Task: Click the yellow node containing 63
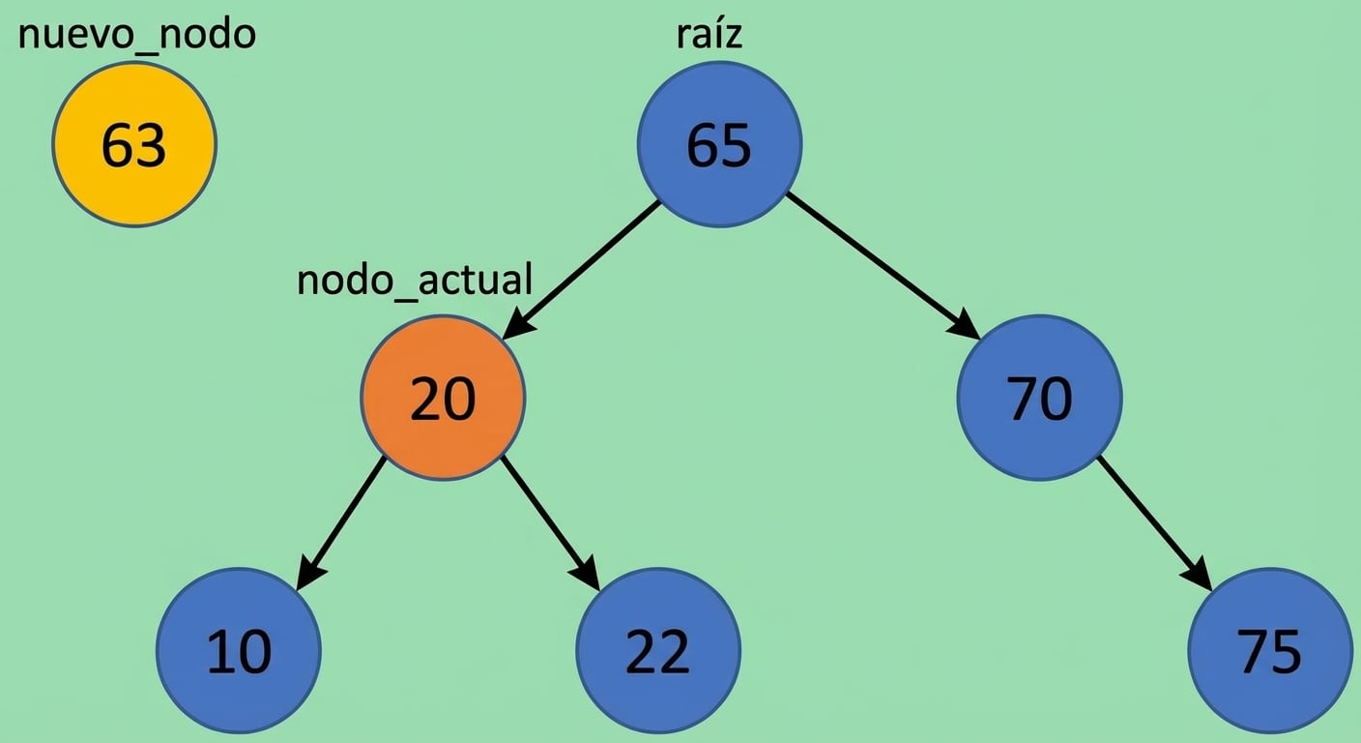pos(134,145)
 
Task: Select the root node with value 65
pos(719,145)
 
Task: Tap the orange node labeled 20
pos(443,398)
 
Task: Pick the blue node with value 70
pos(1039,398)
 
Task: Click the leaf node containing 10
pos(239,650)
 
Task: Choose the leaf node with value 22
pos(658,650)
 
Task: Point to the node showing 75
pos(1269,650)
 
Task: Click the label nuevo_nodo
pos(136,35)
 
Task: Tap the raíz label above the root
pos(709,35)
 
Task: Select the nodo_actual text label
pos(415,280)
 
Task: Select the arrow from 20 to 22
pos(549,523)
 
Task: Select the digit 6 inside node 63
pos(118,146)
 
